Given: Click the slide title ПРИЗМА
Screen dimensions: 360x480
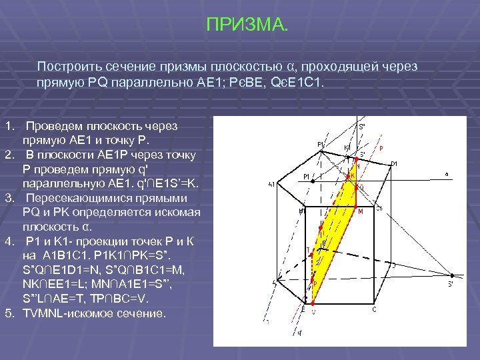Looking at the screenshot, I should pyautogui.click(x=247, y=26).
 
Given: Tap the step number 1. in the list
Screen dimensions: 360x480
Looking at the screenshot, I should pyautogui.click(x=9, y=125).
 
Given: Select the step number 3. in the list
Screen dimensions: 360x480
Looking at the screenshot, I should pyautogui.click(x=9, y=198).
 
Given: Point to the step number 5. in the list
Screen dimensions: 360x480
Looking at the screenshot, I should pyautogui.click(x=9, y=313).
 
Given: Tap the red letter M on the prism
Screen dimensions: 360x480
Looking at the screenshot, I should pyautogui.click(x=360, y=211).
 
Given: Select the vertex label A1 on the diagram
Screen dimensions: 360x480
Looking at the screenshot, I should pyautogui.click(x=272, y=185).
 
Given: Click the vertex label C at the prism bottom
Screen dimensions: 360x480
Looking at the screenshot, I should pyautogui.click(x=374, y=309).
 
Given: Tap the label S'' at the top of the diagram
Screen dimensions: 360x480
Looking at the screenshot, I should pyautogui.click(x=362, y=126).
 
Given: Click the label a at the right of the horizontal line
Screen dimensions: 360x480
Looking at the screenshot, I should pyautogui.click(x=446, y=175).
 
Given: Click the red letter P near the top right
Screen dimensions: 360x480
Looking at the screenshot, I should pyautogui.click(x=381, y=149).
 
